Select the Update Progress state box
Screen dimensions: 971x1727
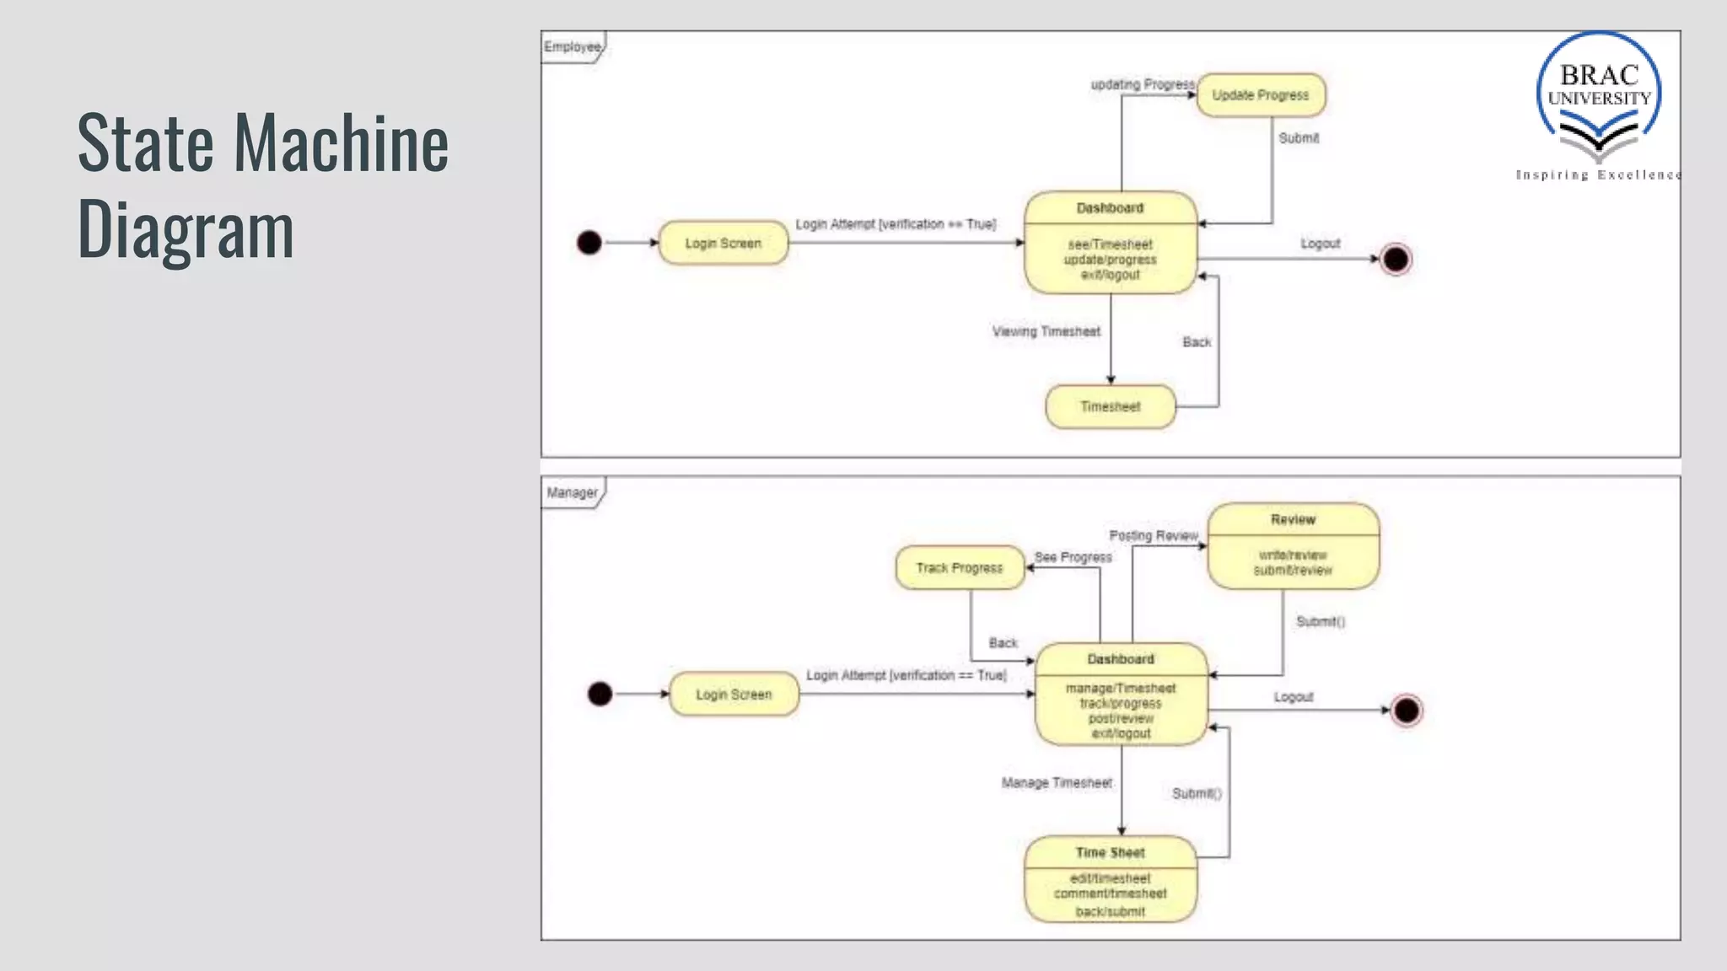1261,95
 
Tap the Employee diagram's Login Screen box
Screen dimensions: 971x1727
723,244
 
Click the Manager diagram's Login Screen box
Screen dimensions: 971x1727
734,695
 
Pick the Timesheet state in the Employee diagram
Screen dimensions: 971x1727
1110,407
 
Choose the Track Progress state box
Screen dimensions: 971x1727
960,568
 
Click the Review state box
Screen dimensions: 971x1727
1293,546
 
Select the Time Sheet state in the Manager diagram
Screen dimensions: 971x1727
1110,879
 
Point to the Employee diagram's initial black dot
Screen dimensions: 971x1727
589,243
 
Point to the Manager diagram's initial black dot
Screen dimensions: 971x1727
600,694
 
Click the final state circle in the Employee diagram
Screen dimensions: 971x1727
1396,259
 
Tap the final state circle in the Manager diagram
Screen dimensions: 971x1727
1407,711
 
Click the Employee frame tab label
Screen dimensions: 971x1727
572,47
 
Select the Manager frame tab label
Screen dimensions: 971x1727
572,493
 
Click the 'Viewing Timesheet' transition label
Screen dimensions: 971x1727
1046,332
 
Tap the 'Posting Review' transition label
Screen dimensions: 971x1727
1153,536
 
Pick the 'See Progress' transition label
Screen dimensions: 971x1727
1073,557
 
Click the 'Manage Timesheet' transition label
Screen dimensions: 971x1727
1057,783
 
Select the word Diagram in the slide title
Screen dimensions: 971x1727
186,229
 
